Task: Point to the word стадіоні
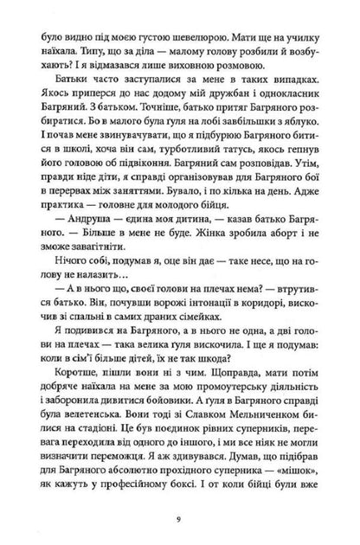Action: pos(147,450)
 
